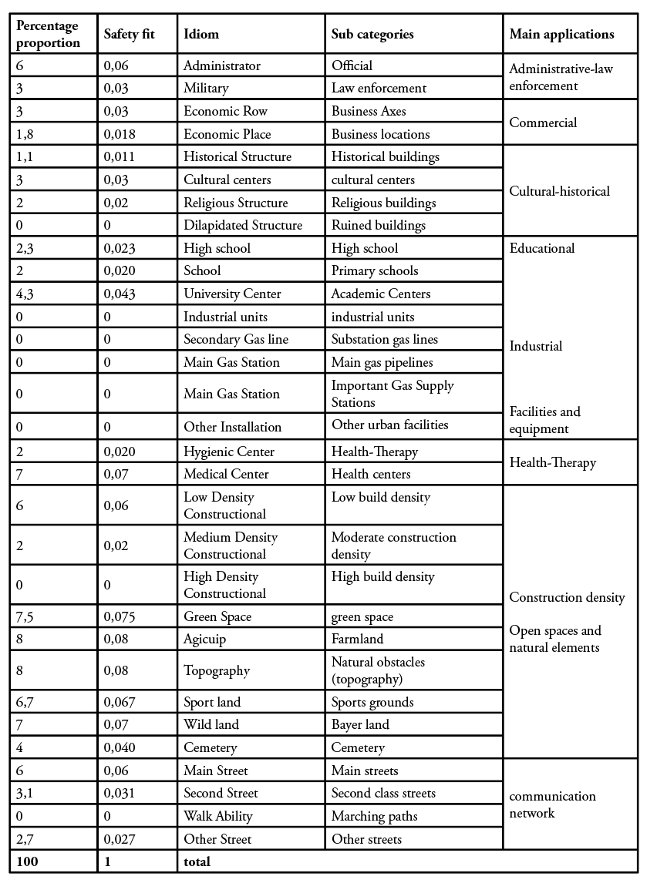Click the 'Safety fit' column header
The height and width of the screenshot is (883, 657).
[x=130, y=34]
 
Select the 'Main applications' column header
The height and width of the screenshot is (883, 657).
[x=561, y=34]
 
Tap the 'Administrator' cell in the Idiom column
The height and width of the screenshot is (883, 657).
[x=222, y=65]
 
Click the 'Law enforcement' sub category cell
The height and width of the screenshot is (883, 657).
[x=379, y=88]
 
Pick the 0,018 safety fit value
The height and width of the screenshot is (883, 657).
[x=120, y=134]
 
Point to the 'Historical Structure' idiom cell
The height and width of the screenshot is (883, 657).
[x=238, y=156]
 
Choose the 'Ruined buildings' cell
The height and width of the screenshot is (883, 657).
[x=378, y=226]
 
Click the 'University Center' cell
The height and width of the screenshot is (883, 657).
[x=232, y=294]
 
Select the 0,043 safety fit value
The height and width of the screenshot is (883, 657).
[x=120, y=294]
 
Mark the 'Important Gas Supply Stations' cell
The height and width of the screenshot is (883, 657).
[x=393, y=394]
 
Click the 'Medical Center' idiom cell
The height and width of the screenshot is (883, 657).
[x=226, y=474]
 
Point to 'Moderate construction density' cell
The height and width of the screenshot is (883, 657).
[x=393, y=546]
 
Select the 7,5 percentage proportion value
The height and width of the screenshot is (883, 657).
[x=26, y=616]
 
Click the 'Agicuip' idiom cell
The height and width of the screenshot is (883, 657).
[x=205, y=639]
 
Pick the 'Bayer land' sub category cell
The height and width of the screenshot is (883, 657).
[x=360, y=724]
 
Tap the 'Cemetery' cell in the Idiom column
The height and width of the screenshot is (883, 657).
[x=210, y=747]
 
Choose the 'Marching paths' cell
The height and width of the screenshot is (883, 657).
[x=374, y=816]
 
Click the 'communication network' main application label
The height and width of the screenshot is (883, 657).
[x=552, y=804]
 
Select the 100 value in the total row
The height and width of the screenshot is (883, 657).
[x=27, y=861]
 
